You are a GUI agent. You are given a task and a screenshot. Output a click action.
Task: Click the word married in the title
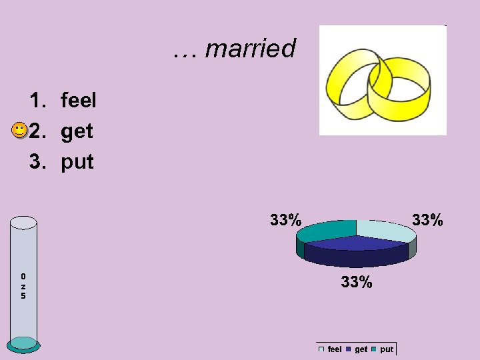point(250,49)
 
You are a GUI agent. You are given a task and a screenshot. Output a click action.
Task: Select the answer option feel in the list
point(78,101)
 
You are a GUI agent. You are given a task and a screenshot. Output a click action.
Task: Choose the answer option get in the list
point(77,131)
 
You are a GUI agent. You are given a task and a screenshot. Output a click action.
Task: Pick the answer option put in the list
point(77,161)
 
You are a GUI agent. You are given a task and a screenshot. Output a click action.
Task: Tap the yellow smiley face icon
point(20,130)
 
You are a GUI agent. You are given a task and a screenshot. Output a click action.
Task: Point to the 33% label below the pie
point(357,282)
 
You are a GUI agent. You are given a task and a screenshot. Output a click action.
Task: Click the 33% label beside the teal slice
point(285,219)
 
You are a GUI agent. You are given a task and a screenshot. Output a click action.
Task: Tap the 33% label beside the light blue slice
point(427,219)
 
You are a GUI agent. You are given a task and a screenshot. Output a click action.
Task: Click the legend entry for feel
point(331,349)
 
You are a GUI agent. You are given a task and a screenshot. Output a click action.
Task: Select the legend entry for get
point(357,349)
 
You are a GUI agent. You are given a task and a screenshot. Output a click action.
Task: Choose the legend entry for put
point(383,349)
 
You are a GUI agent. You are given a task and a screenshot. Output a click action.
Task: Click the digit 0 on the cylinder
point(23,275)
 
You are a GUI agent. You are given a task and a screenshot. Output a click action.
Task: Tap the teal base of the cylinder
point(24,344)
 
